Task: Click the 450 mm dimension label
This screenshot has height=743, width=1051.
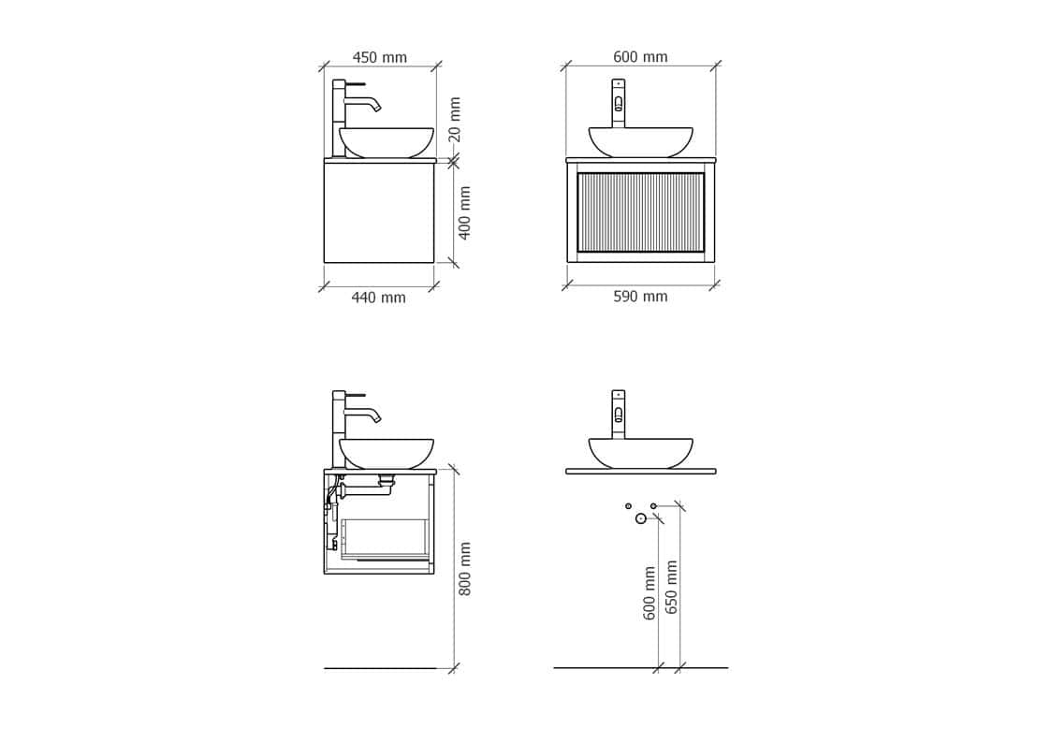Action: coord(379,58)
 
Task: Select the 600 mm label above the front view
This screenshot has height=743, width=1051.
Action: coord(640,57)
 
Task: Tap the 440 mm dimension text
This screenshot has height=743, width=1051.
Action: coord(379,298)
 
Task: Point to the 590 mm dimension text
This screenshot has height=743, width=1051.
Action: coord(640,296)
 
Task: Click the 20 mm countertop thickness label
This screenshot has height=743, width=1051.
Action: coord(455,119)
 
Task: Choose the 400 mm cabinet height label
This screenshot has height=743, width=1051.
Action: coord(464,212)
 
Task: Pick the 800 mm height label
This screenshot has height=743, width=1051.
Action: coord(464,568)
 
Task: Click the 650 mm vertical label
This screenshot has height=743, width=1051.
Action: coord(671,587)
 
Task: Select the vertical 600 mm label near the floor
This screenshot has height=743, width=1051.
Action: coord(649,593)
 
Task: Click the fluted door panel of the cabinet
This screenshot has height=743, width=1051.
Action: coord(640,211)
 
